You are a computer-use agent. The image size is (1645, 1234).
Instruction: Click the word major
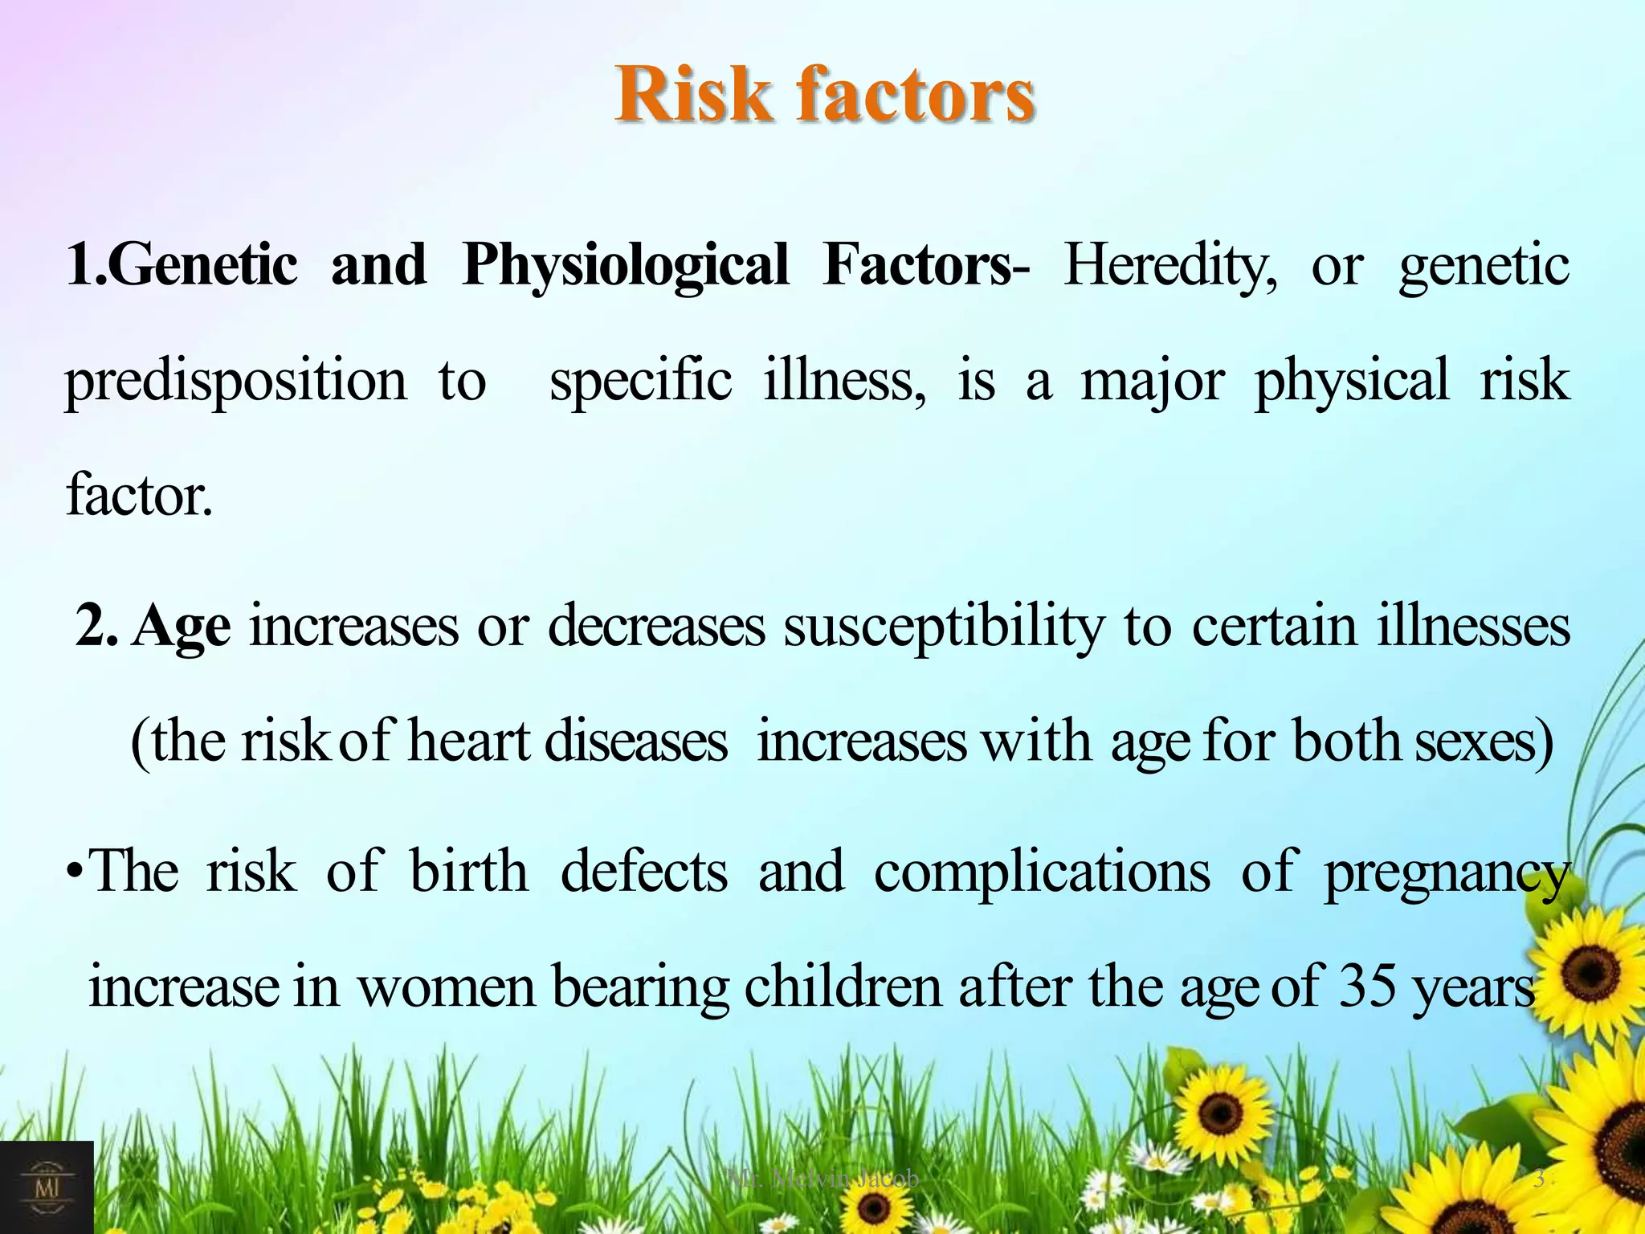pyautogui.click(x=1153, y=381)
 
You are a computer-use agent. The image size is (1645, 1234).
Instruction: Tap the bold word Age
pyautogui.click(x=182, y=627)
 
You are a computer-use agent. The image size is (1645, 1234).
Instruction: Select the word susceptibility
pyautogui.click(x=944, y=627)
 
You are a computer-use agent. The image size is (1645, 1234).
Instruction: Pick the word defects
pyautogui.click(x=643, y=872)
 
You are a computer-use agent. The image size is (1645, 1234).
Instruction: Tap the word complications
pyautogui.click(x=1042, y=872)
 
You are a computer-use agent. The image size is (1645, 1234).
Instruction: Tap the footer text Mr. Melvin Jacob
pyautogui.click(x=822, y=1179)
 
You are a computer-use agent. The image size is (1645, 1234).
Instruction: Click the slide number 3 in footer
pyautogui.click(x=1538, y=1179)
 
